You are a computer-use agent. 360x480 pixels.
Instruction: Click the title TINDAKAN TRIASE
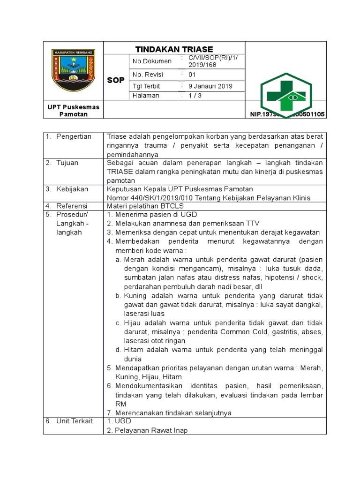(174, 49)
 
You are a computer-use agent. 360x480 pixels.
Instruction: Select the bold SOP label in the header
(116, 80)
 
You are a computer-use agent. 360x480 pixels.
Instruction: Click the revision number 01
(192, 75)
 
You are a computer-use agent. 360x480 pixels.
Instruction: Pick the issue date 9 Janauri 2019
(210, 86)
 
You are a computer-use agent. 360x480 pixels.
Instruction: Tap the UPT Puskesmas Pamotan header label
(73, 111)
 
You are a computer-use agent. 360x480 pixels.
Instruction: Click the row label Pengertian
(74, 136)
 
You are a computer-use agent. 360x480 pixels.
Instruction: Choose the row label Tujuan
(67, 163)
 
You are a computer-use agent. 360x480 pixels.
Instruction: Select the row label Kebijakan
(72, 189)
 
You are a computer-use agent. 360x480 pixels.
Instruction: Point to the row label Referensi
(72, 206)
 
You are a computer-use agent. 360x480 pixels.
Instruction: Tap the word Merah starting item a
(135, 259)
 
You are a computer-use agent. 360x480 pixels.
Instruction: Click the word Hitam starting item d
(134, 350)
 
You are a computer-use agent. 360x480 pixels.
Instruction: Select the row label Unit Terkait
(74, 421)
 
